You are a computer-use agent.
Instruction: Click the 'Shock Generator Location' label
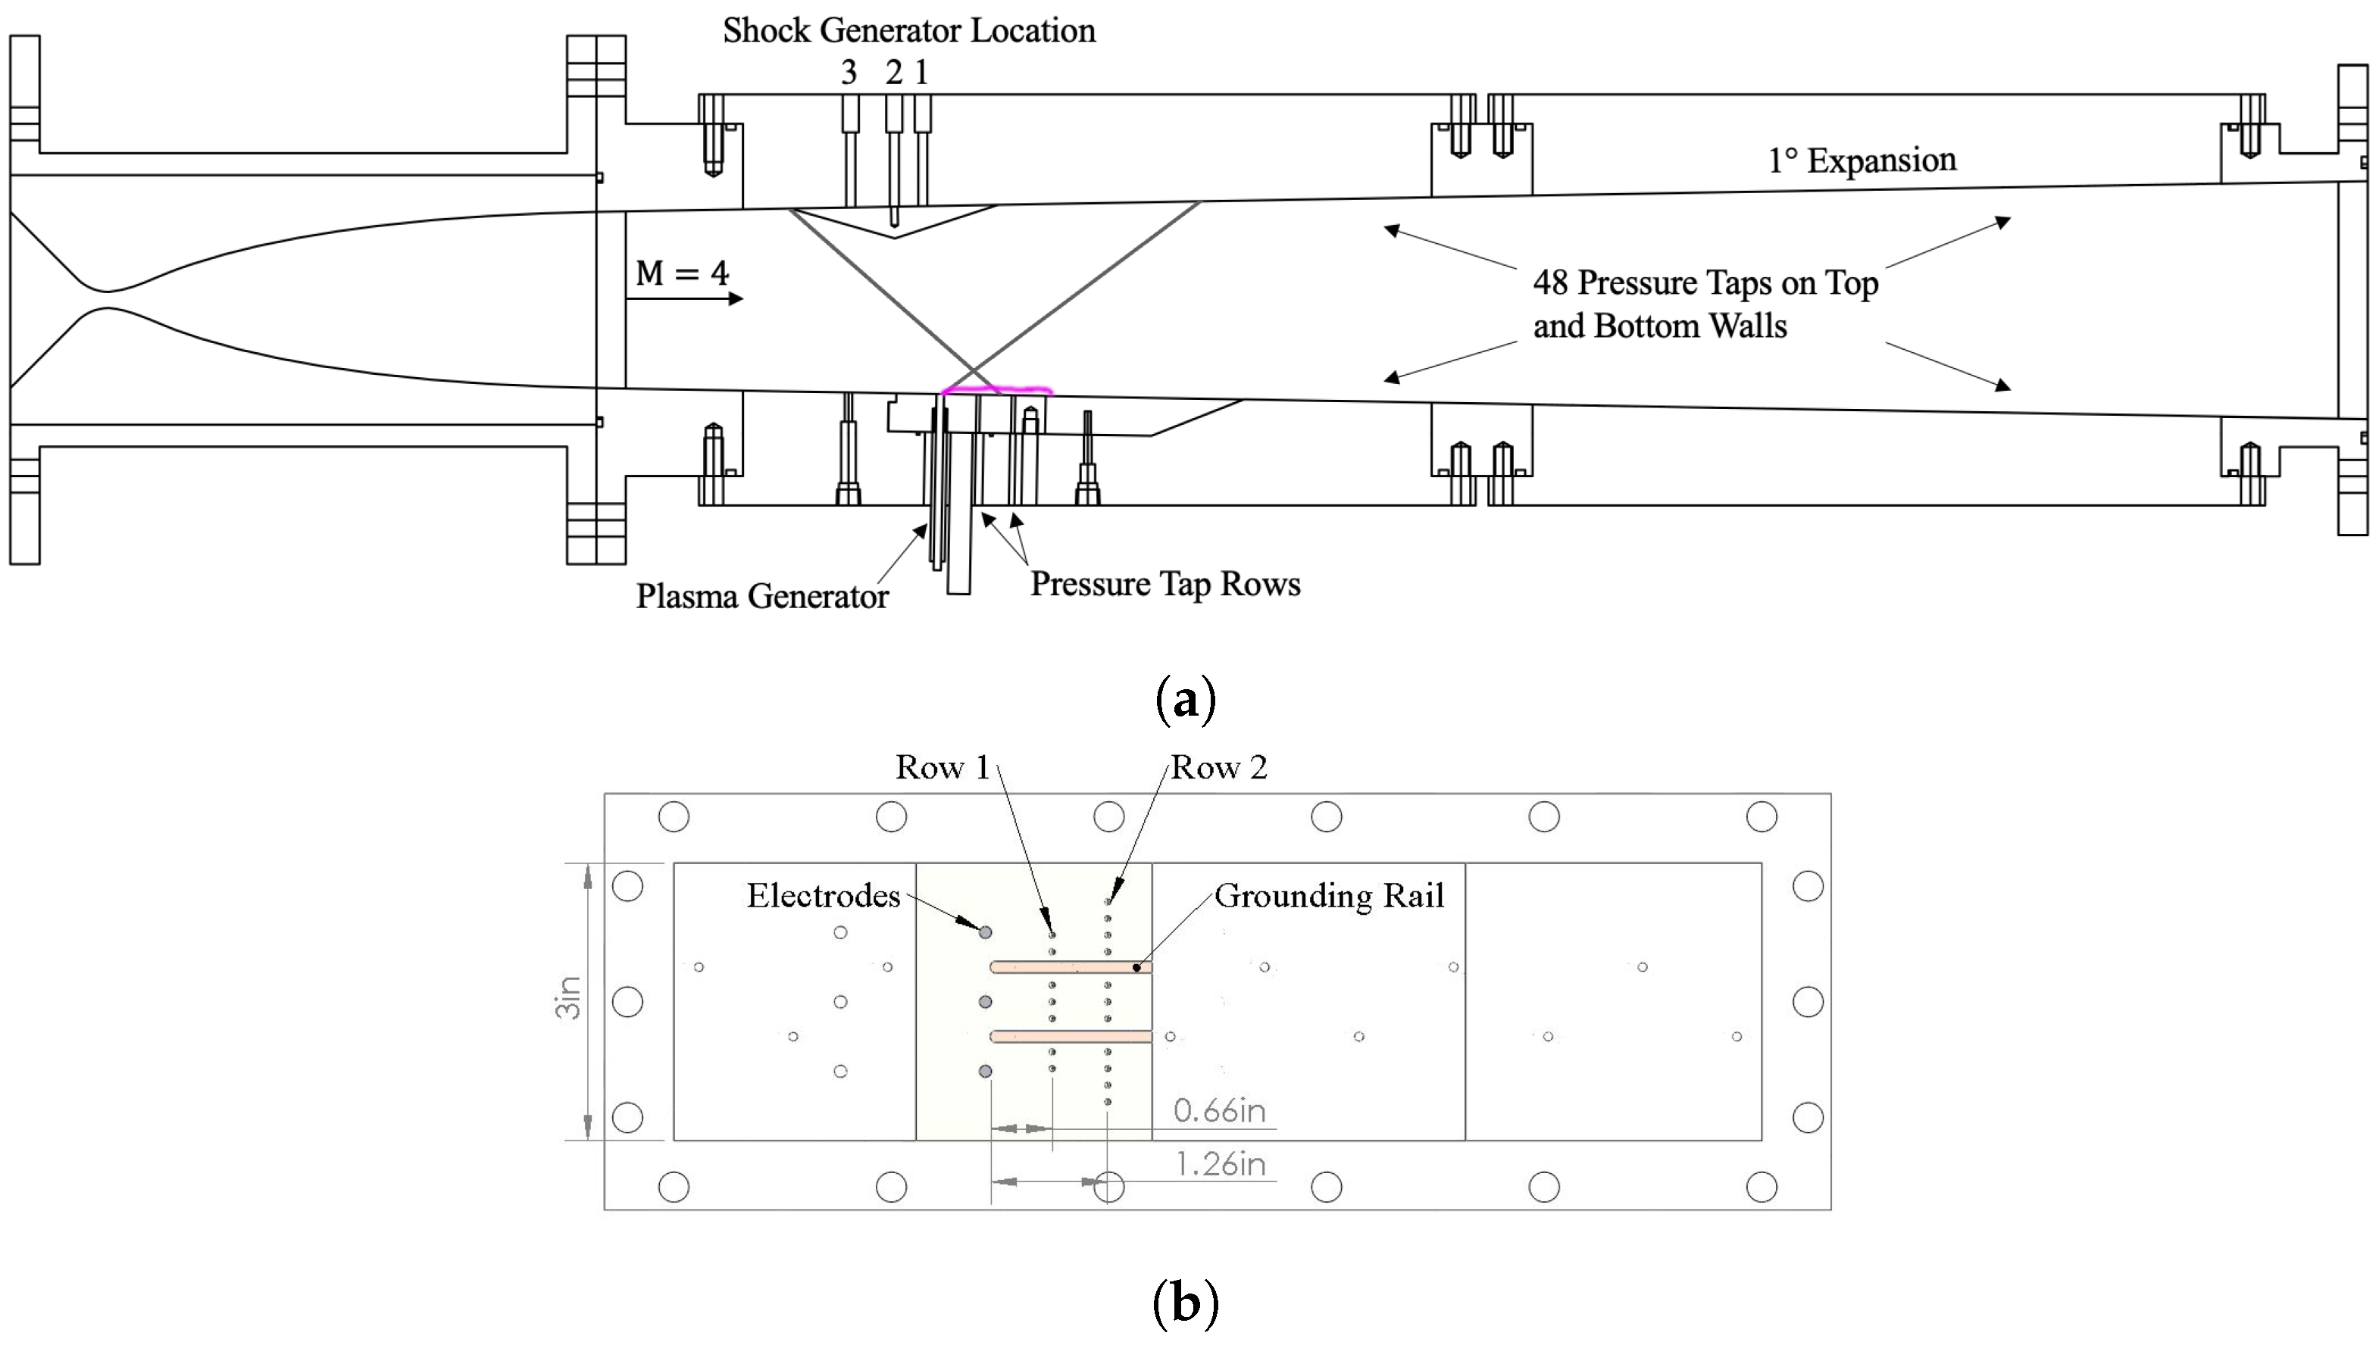pyautogui.click(x=908, y=30)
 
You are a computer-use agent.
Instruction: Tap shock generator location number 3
pyautogui.click(x=848, y=72)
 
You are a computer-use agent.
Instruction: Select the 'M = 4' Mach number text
pyautogui.click(x=682, y=273)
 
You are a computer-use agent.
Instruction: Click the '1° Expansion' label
pyautogui.click(x=1862, y=161)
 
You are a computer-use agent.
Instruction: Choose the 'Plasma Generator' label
pyautogui.click(x=761, y=597)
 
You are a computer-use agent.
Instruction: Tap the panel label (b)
pyautogui.click(x=1186, y=1303)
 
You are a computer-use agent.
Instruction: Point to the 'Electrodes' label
pyautogui.click(x=822, y=896)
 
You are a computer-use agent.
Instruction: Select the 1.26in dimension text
pyautogui.click(x=1220, y=1164)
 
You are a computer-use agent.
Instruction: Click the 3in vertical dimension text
pyautogui.click(x=568, y=997)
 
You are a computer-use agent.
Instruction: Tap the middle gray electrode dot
pyautogui.click(x=985, y=1002)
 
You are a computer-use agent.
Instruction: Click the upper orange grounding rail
pyautogui.click(x=1070, y=967)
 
